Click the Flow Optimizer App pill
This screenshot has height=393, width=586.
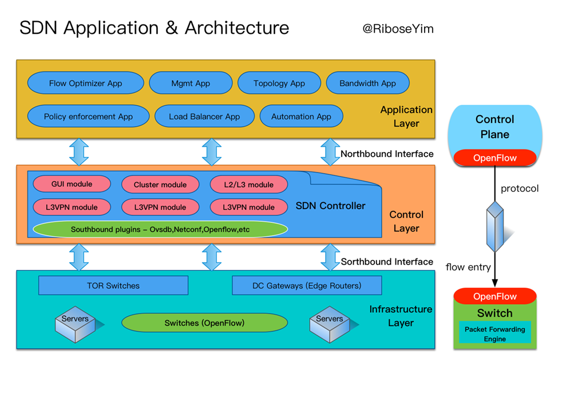(86, 83)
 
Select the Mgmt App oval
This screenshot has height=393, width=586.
(191, 83)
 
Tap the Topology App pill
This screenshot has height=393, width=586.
(279, 83)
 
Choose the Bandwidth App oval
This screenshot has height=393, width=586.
(368, 83)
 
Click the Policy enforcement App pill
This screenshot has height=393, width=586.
(88, 116)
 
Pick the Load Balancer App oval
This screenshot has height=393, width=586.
(204, 116)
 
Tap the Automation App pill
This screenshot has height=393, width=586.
(301, 116)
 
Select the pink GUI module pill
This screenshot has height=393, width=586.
(72, 184)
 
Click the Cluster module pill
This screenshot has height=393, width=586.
(160, 184)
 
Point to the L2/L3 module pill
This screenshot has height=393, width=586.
(249, 184)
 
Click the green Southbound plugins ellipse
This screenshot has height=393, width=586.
(160, 229)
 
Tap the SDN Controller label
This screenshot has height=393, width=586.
(330, 206)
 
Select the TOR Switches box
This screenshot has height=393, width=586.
(113, 285)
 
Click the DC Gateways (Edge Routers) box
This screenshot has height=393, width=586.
(307, 285)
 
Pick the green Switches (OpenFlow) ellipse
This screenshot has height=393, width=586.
(204, 323)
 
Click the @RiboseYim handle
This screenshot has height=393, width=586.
(398, 29)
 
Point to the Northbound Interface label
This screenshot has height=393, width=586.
(387, 154)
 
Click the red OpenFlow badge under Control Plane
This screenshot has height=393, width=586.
(495, 158)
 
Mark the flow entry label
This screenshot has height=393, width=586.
(468, 267)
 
